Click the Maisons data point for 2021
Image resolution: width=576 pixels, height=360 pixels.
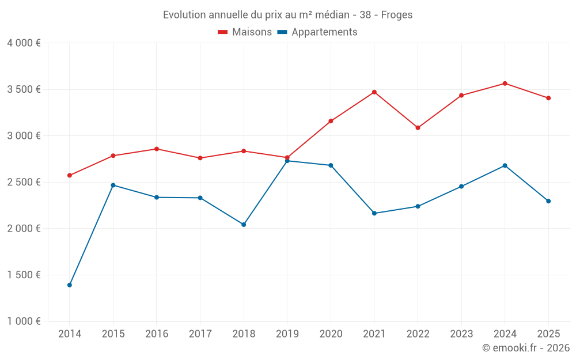(374, 92)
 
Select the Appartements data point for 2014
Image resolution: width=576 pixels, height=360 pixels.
(70, 285)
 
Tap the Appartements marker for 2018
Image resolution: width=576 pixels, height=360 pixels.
(244, 225)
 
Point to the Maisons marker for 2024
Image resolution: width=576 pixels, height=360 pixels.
(505, 84)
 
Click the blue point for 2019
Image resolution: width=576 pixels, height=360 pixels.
(287, 161)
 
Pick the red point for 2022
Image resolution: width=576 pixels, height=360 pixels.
(418, 128)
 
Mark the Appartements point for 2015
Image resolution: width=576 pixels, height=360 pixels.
(113, 185)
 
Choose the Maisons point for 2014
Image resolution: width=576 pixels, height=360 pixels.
(70, 176)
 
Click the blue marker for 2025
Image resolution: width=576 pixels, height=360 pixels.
(548, 201)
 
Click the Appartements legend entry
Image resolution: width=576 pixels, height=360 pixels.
(317, 32)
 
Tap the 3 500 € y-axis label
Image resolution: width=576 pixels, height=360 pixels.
(24, 89)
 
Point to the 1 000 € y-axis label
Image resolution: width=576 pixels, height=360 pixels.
(24, 321)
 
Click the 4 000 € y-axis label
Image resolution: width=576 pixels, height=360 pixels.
(24, 43)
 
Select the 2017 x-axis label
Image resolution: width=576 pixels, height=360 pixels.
(200, 334)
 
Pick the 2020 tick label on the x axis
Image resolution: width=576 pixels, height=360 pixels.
(331, 334)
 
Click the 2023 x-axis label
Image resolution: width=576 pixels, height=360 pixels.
(461, 334)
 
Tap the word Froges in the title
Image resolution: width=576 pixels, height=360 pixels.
(397, 15)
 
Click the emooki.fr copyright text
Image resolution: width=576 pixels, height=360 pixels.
(526, 348)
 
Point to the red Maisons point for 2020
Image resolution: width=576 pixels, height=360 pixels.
(331, 122)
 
